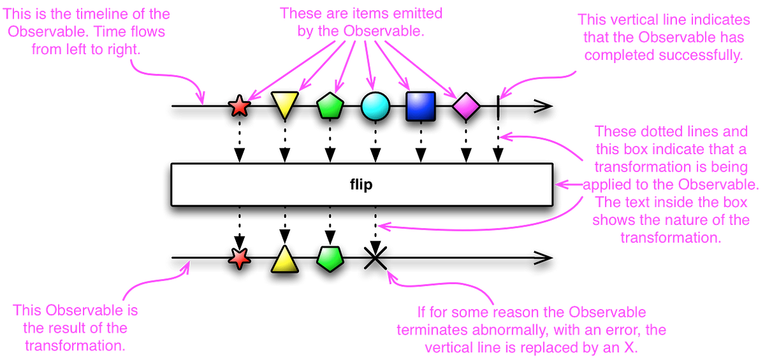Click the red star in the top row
click(239, 106)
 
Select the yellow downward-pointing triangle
click(284, 104)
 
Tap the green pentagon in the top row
click(330, 106)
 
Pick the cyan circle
click(375, 106)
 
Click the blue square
click(421, 106)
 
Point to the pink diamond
click(466, 106)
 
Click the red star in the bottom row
click(239, 258)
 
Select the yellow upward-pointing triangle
click(284, 259)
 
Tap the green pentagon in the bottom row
click(330, 259)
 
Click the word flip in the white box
click(361, 185)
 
